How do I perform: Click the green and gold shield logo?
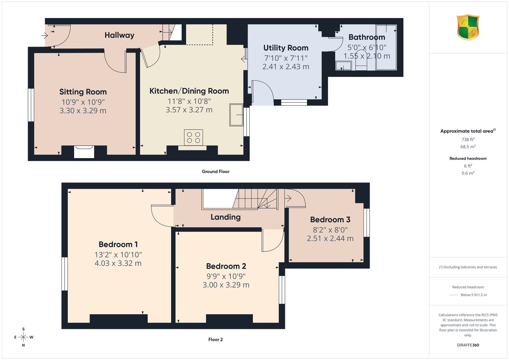tap(468, 27)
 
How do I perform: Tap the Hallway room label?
tap(119, 35)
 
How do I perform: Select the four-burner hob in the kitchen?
tap(193, 137)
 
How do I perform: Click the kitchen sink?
tap(236, 115)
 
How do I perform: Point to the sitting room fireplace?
tap(84, 152)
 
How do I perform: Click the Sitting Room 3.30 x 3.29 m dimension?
tap(83, 111)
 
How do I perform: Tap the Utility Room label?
tap(286, 48)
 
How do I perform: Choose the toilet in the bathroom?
tap(361, 60)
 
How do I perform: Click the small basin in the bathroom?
tap(343, 66)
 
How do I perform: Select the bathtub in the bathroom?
tap(386, 47)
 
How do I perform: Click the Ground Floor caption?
tap(216, 171)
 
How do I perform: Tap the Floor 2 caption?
tap(216, 340)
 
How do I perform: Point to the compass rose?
tap(24, 337)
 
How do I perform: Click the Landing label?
tap(226, 217)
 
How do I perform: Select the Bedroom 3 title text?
tap(330, 220)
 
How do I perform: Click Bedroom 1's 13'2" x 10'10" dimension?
tap(118, 255)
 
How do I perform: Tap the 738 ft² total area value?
tap(468, 140)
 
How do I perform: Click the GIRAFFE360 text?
tap(468, 345)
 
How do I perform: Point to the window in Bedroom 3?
tap(366, 223)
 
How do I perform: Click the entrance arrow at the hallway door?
tap(44, 35)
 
